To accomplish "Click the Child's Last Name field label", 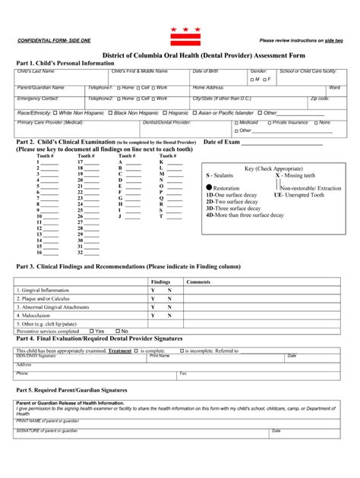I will pos(36,71).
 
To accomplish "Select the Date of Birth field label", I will pos(205,71).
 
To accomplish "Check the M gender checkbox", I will pos(253,79).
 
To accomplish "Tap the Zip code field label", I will pos(320,99).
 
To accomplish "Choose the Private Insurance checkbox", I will pos(268,122).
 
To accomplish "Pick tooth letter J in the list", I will pos(120,216).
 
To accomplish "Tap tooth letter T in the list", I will pos(161,216).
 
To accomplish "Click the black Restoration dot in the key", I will pos(210,187).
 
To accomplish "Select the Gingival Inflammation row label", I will pos(47,289).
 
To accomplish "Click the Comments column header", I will pos(198,281).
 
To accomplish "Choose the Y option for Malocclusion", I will pos(153,315).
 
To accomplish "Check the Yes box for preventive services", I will pos(91,332).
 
